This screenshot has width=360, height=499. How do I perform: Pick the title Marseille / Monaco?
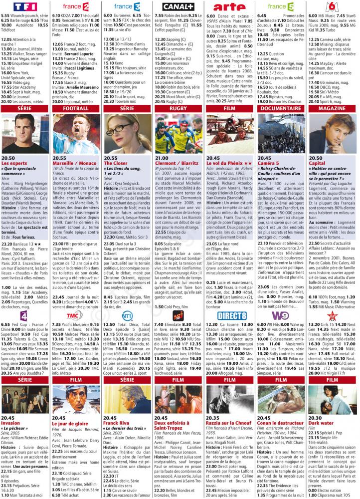pyautogui.click(x=75, y=163)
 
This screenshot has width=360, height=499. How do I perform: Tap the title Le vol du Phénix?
pyautogui.click(x=226, y=163)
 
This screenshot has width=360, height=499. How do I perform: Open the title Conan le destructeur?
pyautogui.click(x=282, y=423)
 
